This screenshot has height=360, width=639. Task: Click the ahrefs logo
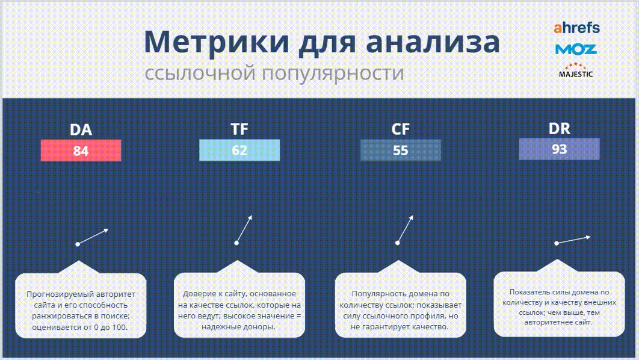pyautogui.click(x=576, y=28)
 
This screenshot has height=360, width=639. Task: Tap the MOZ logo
pyautogui.click(x=576, y=49)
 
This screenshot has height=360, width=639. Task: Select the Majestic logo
pyautogui.click(x=575, y=70)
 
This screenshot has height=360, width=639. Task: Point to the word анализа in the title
pyautogui.click(x=433, y=42)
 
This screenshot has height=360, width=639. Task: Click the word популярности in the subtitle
pyautogui.click(x=333, y=73)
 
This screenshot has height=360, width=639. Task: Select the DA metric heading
pyautogui.click(x=81, y=129)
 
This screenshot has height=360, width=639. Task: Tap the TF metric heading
pyautogui.click(x=239, y=129)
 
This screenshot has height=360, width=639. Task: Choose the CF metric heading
pyautogui.click(x=400, y=129)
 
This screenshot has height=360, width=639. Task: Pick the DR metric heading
pyautogui.click(x=559, y=128)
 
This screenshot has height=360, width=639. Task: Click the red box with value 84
pyautogui.click(x=81, y=151)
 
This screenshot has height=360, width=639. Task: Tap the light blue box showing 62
pyautogui.click(x=239, y=150)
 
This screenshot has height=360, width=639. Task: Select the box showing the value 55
pyautogui.click(x=401, y=150)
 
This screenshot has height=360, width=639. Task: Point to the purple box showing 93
pyautogui.click(x=559, y=149)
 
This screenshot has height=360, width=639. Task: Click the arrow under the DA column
pyautogui.click(x=93, y=237)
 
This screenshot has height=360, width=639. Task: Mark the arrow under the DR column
pyautogui.click(x=573, y=240)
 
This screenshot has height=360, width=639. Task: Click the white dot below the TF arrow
pyautogui.click(x=236, y=243)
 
